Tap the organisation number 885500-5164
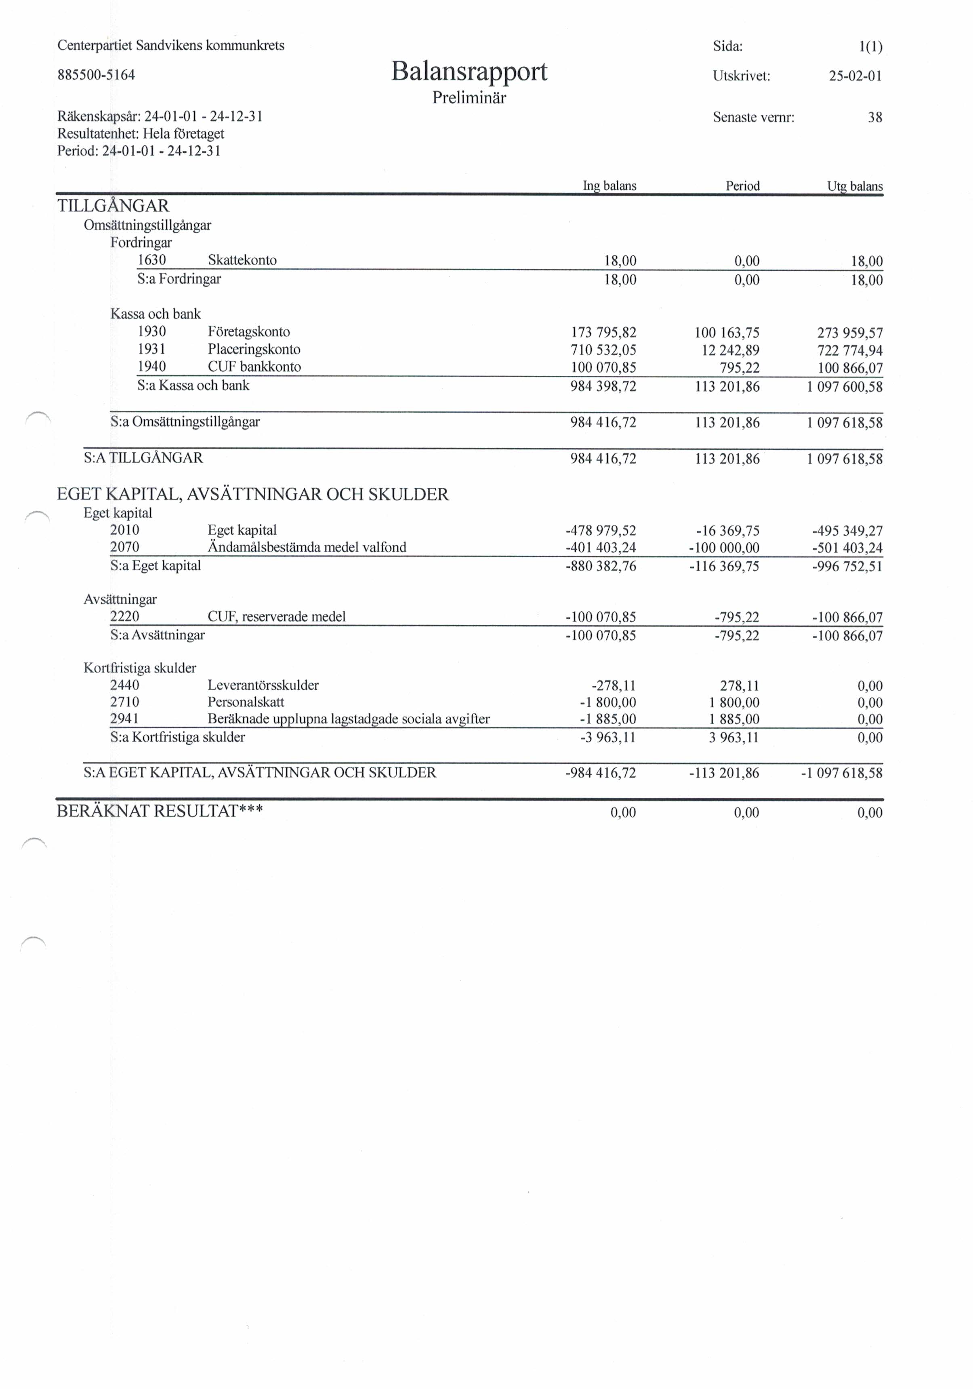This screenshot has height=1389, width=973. (x=96, y=75)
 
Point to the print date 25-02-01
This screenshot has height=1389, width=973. (x=855, y=76)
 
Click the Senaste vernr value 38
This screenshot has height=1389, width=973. (x=874, y=117)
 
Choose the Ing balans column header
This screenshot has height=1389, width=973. (x=609, y=186)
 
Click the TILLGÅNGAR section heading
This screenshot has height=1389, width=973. (x=113, y=206)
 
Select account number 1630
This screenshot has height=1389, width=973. (x=152, y=260)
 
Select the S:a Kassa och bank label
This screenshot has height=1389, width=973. (x=193, y=386)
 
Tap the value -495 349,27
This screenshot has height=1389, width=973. (x=847, y=531)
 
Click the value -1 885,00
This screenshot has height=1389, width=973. (x=607, y=719)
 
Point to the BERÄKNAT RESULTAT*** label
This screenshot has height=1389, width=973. (x=160, y=811)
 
